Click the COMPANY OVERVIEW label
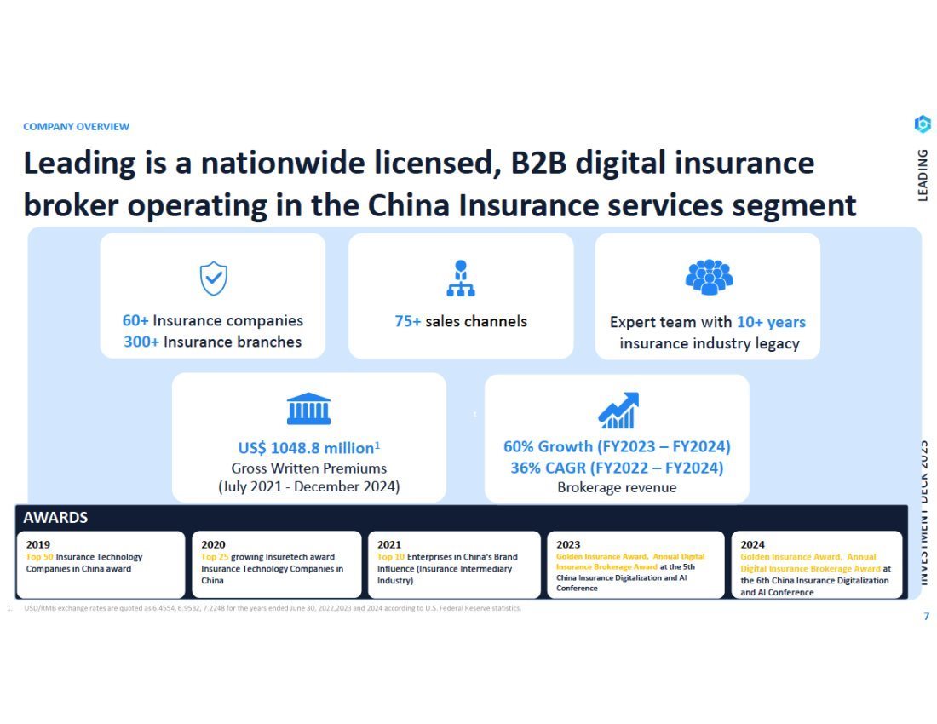pos(76,127)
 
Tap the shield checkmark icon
pos(213,279)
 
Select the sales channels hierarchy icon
pos(460,279)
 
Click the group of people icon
pos(709,277)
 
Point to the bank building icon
pos(308,409)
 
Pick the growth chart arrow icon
pos(618,411)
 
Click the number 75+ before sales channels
pos(408,321)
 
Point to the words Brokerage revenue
pos(617,487)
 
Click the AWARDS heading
pos(55,517)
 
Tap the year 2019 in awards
pos(37,544)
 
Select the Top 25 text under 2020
pos(215,557)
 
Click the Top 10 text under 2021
pos(391,557)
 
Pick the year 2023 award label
pos(568,544)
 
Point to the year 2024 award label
pos(753,544)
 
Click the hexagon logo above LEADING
pos(922,124)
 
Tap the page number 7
pos(926,617)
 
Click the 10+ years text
pos(771,322)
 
